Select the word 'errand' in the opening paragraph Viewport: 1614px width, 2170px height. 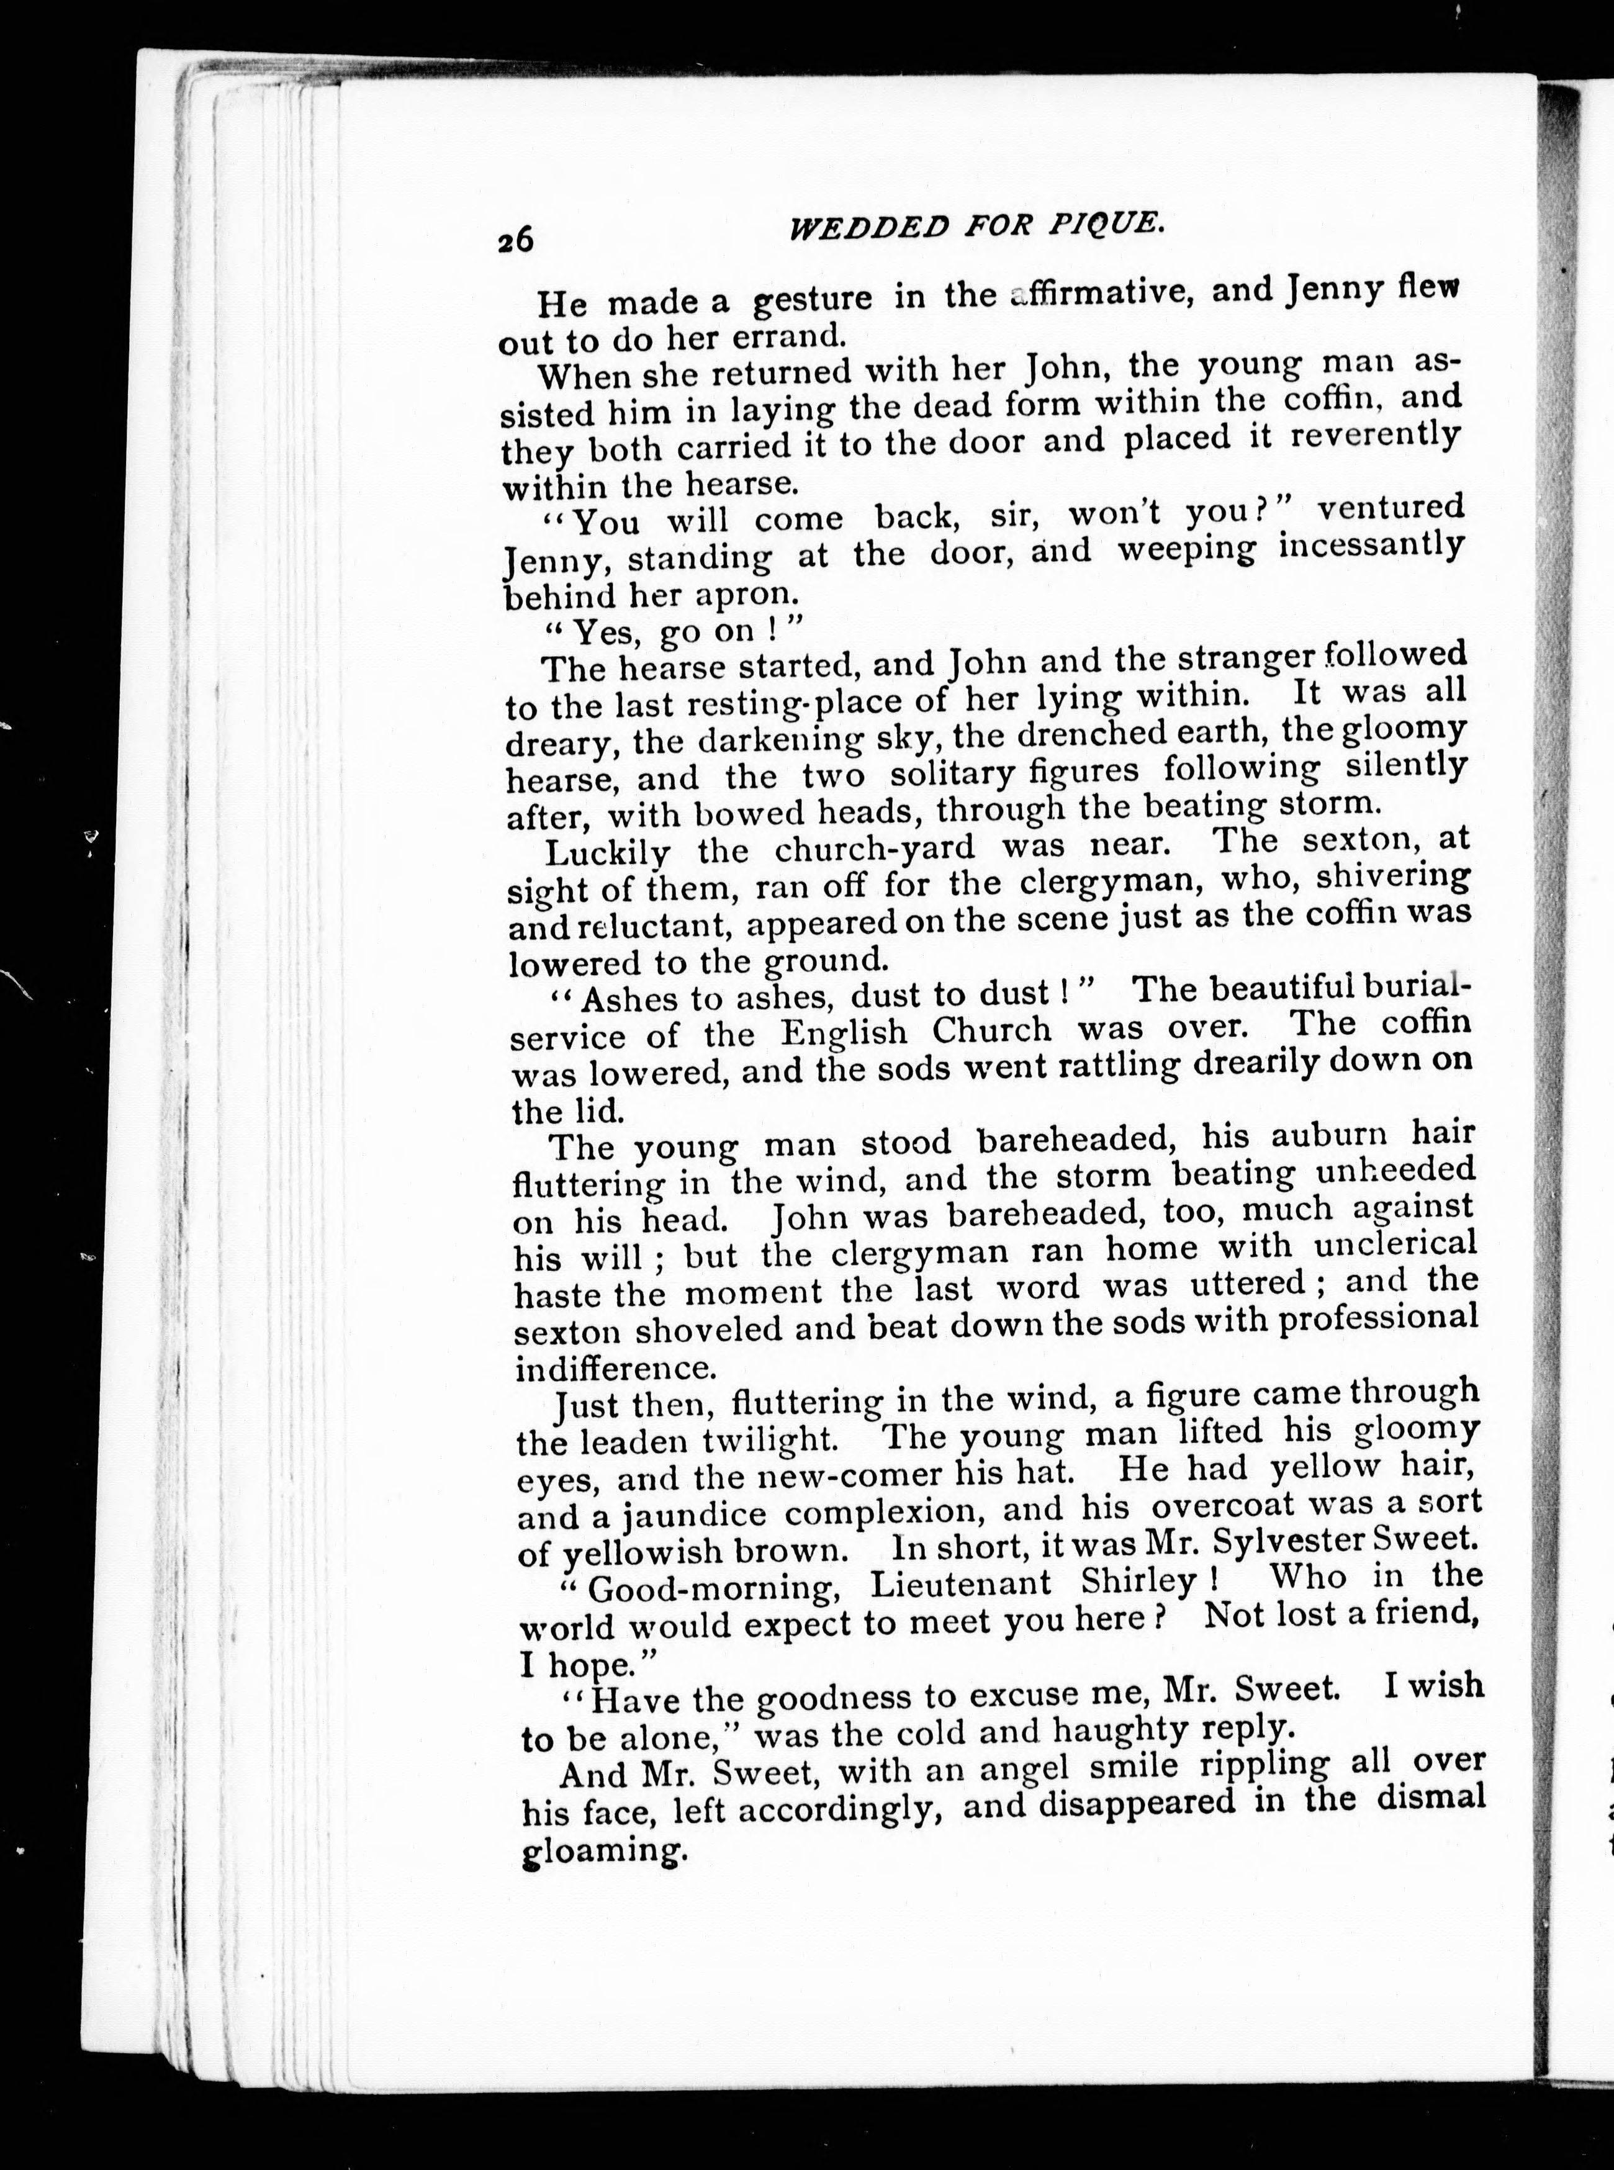pyautogui.click(x=772, y=335)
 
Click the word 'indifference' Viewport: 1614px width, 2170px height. pyautogui.click(x=611, y=1366)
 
